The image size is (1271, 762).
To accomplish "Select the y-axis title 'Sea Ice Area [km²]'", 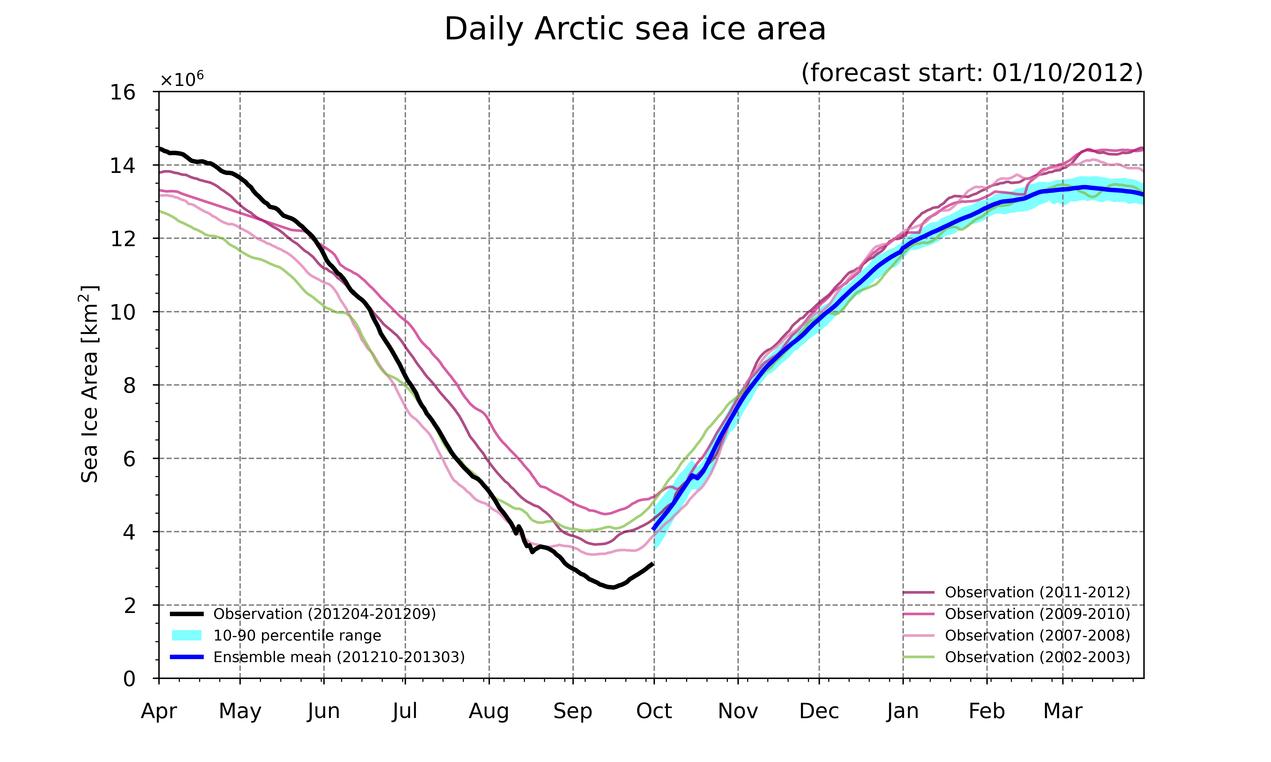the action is coord(89,384).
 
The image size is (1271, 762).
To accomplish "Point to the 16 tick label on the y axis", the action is coord(123,92).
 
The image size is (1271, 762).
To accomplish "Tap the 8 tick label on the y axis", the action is coord(129,385).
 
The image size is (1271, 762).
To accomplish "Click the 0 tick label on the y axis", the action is coord(129,679).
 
